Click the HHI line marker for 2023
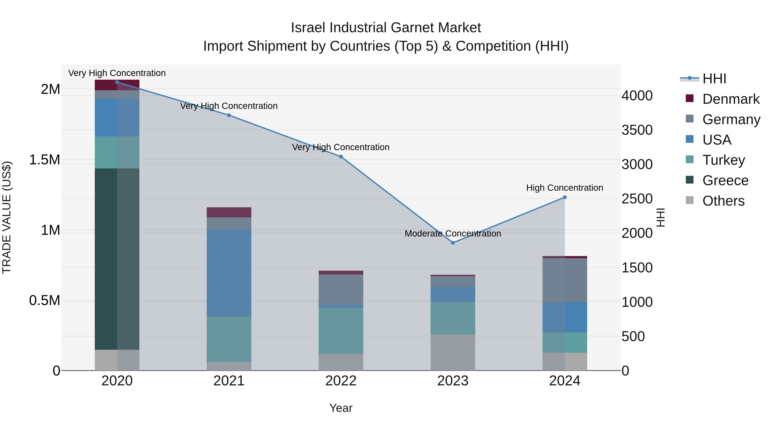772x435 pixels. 453,243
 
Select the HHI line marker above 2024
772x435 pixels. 565,197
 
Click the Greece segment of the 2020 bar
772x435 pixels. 117,259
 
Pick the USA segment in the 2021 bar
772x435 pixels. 229,273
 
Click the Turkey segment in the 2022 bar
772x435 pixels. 341,331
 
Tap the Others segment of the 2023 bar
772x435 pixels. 453,353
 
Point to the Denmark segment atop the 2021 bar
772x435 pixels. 229,212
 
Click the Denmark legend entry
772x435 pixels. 730,99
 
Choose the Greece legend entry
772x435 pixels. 725,180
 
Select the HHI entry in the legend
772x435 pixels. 714,79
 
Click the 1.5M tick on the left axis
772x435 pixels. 45,160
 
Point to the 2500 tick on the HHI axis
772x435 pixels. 637,199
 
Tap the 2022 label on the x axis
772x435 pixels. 341,381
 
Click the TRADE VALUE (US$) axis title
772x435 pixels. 7,217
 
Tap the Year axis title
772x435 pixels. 341,408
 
